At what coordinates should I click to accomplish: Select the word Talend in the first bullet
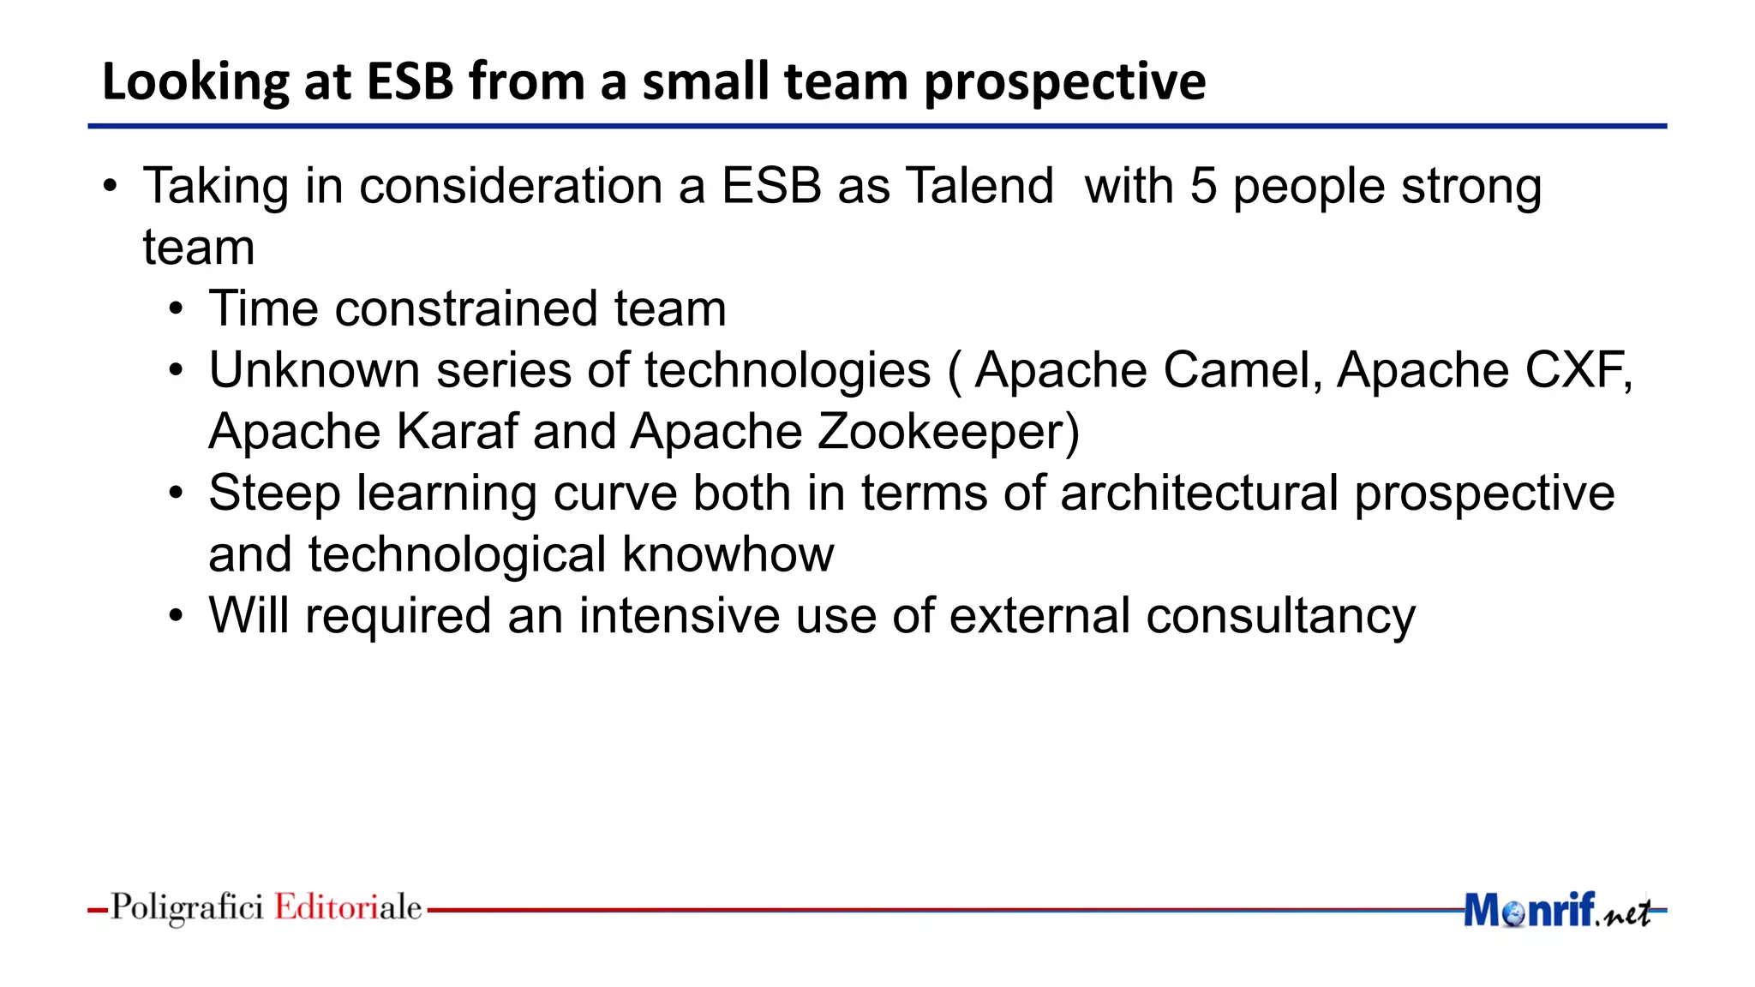979,186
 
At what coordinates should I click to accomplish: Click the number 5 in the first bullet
1203,186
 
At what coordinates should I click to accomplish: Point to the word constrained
466,308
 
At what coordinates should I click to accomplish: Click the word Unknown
314,370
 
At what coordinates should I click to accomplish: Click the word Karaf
458,431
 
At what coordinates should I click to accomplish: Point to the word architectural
1200,493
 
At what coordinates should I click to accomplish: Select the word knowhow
728,554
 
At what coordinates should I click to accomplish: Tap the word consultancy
1280,616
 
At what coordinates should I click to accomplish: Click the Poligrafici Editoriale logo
266,907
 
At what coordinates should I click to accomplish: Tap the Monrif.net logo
1555,910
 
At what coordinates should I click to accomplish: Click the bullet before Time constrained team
176,310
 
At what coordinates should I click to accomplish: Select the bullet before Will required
176,617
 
